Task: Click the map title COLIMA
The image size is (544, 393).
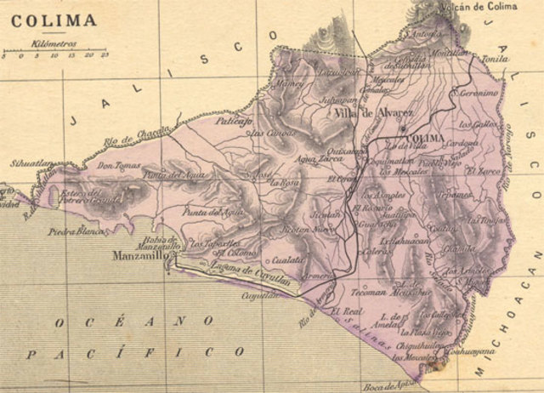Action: pos(48,19)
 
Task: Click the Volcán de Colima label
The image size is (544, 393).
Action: pos(479,7)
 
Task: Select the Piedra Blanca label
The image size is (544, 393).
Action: pos(75,231)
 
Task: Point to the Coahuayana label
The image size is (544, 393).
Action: pos(474,358)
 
